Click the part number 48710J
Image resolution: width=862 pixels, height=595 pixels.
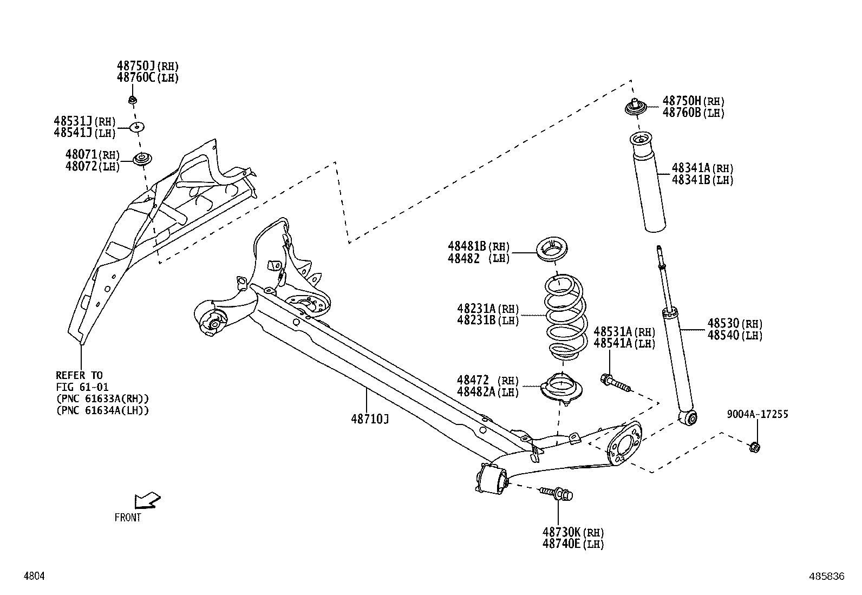(369, 419)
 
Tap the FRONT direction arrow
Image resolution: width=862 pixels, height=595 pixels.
(147, 501)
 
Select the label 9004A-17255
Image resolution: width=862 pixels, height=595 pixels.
(757, 414)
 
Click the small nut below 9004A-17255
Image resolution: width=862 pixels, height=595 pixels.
(755, 447)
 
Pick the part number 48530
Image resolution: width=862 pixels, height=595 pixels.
(723, 323)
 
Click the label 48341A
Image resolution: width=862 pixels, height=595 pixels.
(691, 168)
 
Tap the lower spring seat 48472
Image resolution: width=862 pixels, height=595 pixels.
(561, 389)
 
